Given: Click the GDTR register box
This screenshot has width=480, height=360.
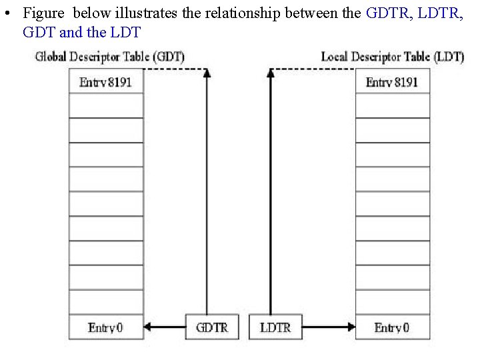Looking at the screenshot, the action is [x=212, y=327].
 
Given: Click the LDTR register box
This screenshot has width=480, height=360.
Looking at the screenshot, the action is [x=275, y=327].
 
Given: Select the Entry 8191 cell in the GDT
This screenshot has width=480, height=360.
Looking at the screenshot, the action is [x=106, y=82].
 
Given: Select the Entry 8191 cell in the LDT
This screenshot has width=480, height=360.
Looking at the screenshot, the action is [x=392, y=82].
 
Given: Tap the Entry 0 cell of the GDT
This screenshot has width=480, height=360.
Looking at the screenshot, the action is [x=106, y=327].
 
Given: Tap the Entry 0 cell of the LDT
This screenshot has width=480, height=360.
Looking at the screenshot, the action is [x=392, y=327].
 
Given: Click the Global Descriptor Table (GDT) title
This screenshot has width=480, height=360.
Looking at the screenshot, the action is [x=110, y=57].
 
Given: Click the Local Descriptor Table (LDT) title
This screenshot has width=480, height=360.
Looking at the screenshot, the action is [x=392, y=57].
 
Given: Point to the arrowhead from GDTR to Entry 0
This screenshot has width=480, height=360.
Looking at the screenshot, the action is [x=149, y=327].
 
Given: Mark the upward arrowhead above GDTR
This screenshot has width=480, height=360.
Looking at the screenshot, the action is [x=207, y=73].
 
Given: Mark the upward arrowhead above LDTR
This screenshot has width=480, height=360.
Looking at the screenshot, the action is [x=270, y=73].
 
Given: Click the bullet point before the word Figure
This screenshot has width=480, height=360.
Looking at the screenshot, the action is [x=10, y=13].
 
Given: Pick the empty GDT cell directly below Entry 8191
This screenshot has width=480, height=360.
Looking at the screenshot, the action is [x=106, y=106].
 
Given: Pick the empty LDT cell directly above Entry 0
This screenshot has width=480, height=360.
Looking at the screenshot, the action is [x=392, y=302].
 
